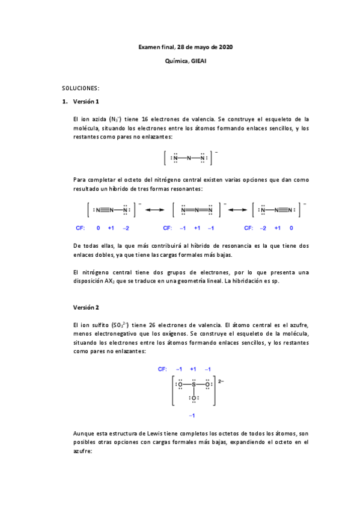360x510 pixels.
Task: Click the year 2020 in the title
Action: coord(227,46)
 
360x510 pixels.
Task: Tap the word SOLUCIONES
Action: coord(80,88)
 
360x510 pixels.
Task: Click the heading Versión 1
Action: coord(85,101)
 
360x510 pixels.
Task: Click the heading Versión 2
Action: coord(85,307)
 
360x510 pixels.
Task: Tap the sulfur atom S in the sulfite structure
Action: coord(194,384)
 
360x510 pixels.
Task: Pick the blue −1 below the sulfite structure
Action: coord(192,416)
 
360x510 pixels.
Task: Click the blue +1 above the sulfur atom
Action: coord(193,369)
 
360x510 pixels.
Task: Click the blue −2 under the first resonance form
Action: coord(126,229)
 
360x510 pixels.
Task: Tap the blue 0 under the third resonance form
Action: coord(291,229)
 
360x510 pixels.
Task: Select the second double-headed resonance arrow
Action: coord(238,210)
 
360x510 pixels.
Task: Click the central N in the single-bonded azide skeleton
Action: coord(189,158)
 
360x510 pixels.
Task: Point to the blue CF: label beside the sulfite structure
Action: coord(162,369)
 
